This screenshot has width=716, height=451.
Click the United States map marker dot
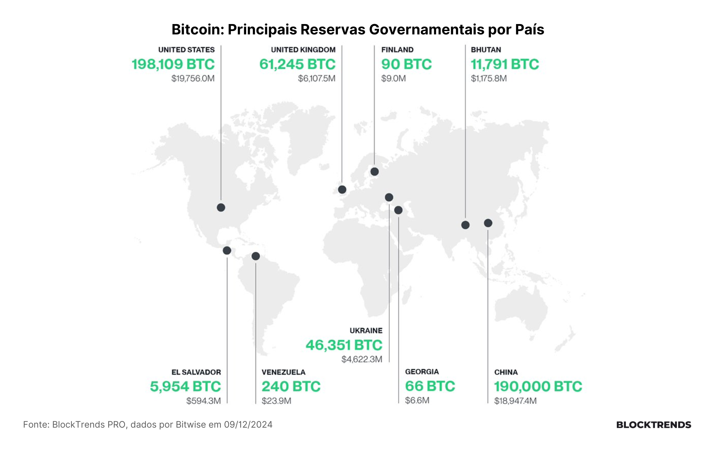(221, 207)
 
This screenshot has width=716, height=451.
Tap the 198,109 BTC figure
(173, 64)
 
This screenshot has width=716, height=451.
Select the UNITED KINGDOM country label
(303, 50)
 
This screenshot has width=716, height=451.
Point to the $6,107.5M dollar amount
(317, 79)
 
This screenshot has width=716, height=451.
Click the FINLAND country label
(397, 50)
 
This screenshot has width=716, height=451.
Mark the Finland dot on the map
(374, 172)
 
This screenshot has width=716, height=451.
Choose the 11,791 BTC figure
(505, 64)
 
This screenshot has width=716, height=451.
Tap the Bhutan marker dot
(465, 225)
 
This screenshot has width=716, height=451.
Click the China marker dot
(488, 223)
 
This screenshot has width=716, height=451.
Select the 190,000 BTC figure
(538, 387)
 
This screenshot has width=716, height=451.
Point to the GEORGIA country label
(422, 372)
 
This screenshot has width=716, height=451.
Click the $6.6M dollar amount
(417, 400)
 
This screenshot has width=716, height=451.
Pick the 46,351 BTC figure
(344, 345)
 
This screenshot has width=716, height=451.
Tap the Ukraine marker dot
(389, 197)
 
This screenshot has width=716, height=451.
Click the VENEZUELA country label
(284, 372)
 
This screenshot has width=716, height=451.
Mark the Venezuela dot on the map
(255, 256)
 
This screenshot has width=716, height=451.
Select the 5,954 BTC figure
(185, 387)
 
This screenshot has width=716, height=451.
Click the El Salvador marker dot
(227, 250)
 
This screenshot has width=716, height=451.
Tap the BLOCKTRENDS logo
(654, 425)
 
